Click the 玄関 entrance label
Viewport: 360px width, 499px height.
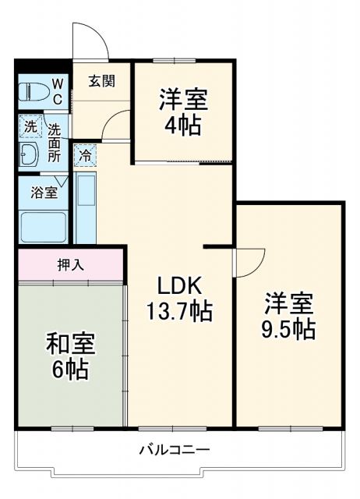(102, 80)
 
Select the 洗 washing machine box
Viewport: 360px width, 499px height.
(30, 125)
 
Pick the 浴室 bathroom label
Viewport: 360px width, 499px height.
(44, 192)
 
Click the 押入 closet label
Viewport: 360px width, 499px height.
(71, 264)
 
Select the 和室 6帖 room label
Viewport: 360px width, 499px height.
(69, 355)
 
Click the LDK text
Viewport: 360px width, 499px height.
(180, 285)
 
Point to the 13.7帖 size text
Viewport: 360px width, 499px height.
(180, 312)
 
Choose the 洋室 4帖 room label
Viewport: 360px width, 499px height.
(184, 111)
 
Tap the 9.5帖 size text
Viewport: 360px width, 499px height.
(288, 328)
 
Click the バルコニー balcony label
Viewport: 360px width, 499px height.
(175, 450)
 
